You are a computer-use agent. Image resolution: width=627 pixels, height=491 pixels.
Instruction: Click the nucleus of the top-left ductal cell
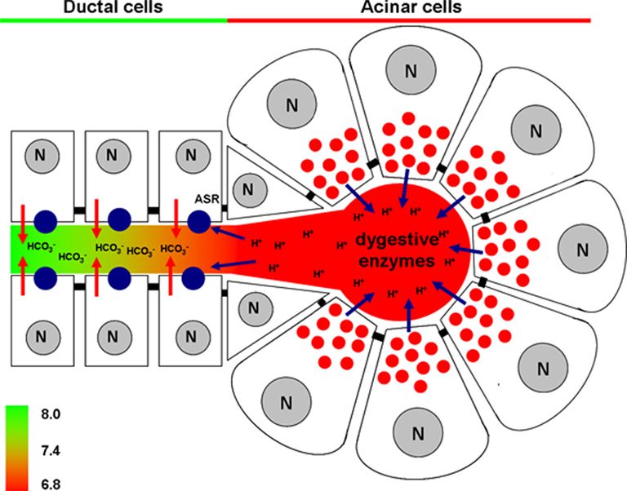[x=39, y=154]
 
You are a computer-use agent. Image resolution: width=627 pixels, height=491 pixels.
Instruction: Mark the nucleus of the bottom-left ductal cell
[x=39, y=334]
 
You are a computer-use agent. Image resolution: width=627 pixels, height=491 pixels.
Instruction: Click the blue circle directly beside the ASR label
[x=199, y=220]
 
